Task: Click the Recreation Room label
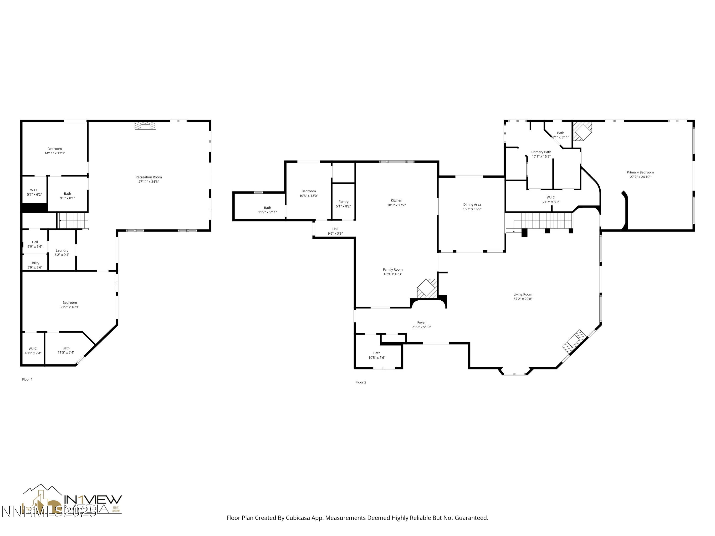148,177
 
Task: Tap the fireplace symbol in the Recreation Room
145,126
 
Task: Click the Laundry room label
62,250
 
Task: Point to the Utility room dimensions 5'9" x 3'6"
35,268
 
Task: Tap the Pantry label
343,202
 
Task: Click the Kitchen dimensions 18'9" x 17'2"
396,205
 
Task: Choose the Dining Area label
472,204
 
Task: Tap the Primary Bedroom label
640,172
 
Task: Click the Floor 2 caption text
361,382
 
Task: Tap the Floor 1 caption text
27,379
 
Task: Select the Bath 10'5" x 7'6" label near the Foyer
377,353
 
